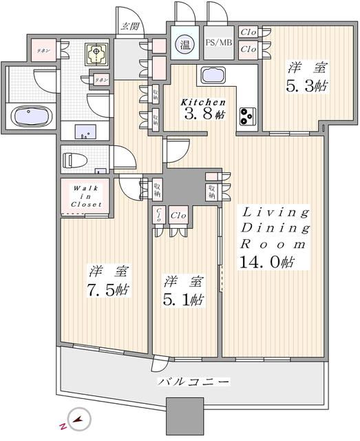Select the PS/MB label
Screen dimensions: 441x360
tap(218, 43)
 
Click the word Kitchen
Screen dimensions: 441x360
tap(203, 102)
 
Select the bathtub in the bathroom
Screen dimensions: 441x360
tap(29, 116)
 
